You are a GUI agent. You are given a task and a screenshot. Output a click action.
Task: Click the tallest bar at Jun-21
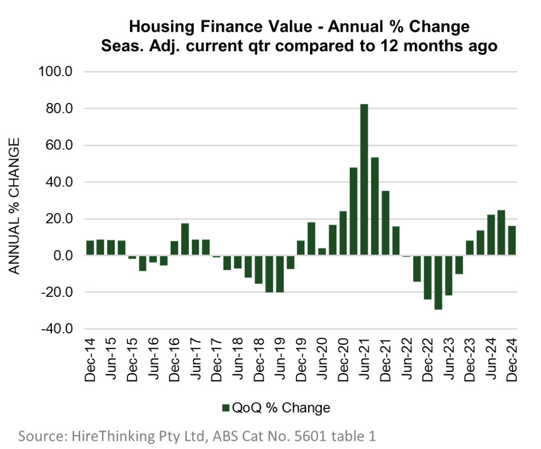(365, 180)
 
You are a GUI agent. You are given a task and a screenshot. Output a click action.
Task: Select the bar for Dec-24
(512, 241)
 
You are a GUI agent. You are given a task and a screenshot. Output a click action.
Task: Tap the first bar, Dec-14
(90, 248)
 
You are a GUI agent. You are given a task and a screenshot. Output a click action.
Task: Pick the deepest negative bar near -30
(438, 282)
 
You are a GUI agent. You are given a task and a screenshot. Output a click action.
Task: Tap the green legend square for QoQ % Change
(226, 408)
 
